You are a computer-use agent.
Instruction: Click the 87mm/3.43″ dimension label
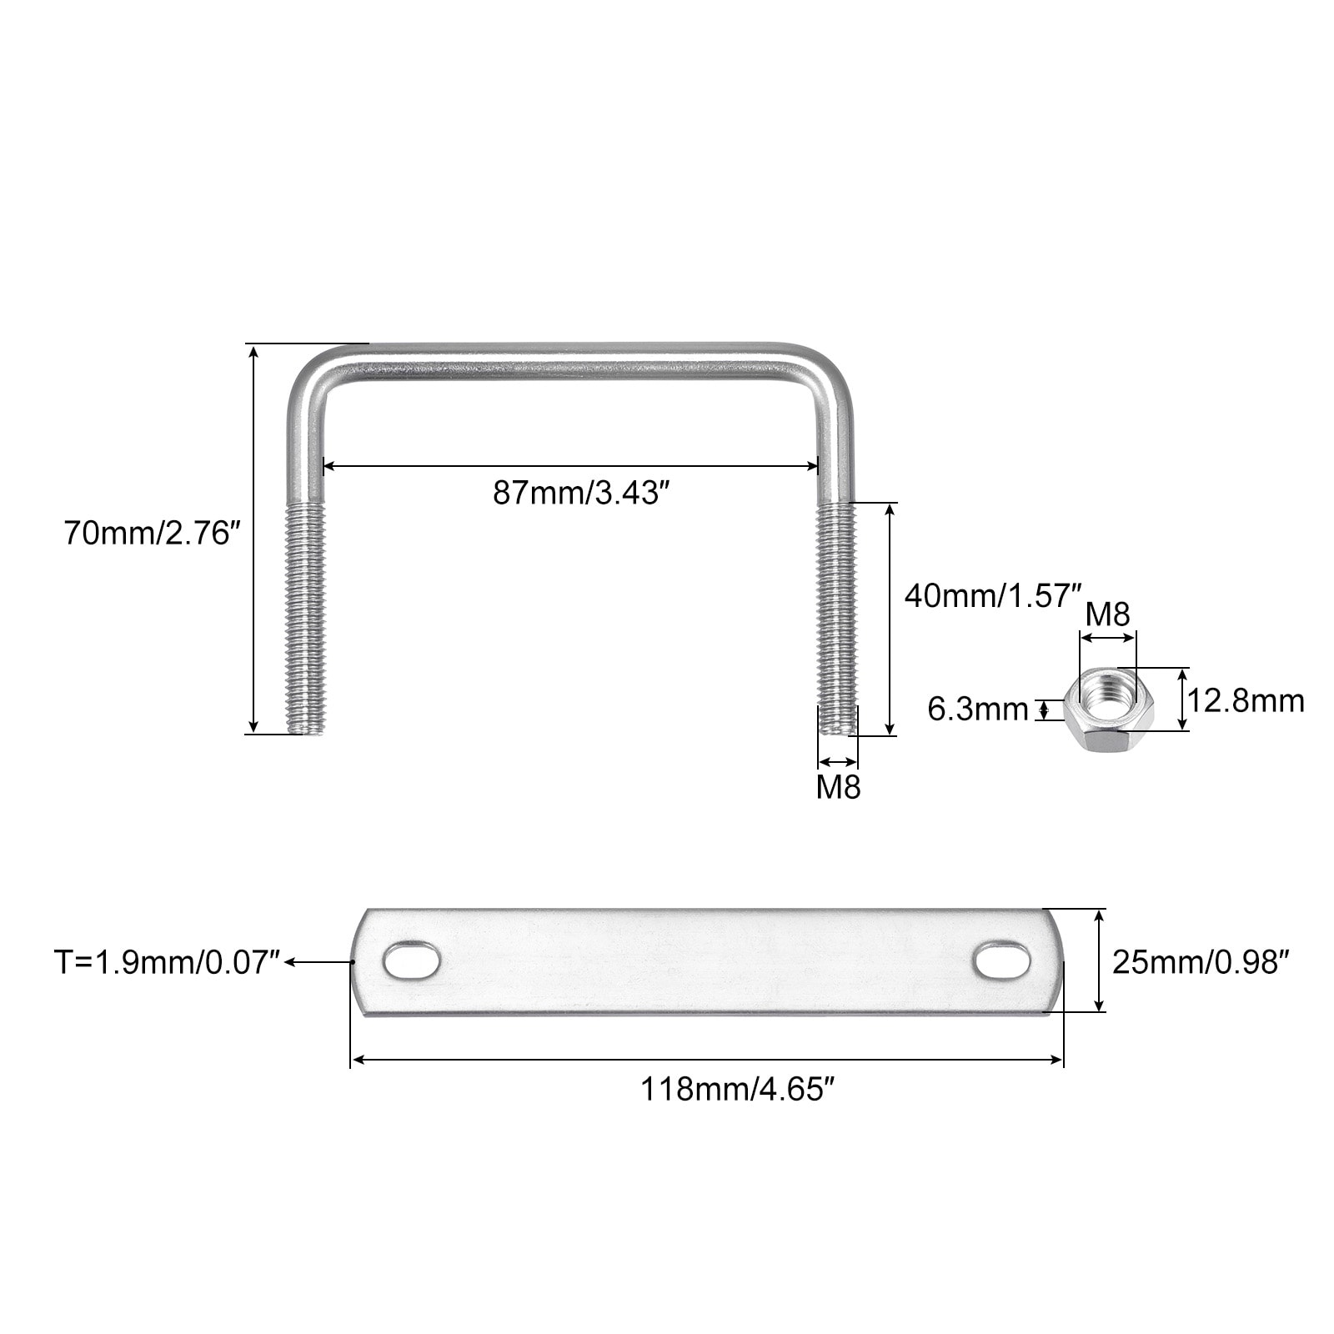(581, 493)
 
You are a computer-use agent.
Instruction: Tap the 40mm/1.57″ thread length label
(992, 595)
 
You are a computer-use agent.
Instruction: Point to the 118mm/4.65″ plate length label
(737, 1089)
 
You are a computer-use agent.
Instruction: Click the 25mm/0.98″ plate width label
(1201, 962)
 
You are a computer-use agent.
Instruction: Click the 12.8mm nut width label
(1246, 700)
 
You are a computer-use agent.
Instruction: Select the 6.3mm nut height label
(978, 710)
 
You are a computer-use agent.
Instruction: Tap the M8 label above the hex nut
(1107, 614)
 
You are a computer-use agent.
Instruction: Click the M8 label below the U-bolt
(838, 786)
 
